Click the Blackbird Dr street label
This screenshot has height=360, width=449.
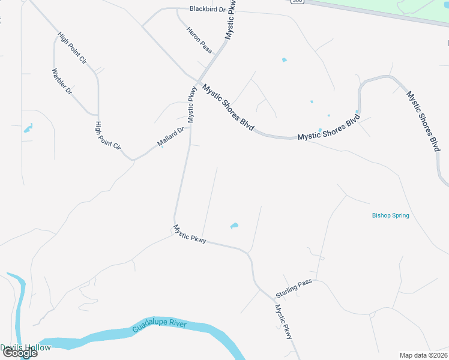(206, 9)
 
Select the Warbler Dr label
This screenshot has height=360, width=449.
(62, 83)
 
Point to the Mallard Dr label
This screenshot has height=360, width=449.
(170, 137)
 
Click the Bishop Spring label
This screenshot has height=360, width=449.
(390, 215)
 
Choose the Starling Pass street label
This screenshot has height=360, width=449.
(294, 289)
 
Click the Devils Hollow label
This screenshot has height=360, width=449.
(25, 347)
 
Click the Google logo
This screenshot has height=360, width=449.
(19, 353)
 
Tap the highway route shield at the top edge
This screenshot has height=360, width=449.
(297, 2)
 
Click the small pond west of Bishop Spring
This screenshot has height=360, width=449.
(234, 226)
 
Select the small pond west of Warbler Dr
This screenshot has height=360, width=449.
(28, 128)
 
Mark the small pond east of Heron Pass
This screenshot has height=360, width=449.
(284, 60)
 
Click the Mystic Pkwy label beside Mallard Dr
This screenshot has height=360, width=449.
(191, 105)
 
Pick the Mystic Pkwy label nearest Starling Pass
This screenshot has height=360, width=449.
(283, 322)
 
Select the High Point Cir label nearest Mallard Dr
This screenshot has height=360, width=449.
(108, 136)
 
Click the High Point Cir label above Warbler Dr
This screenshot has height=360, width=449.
(72, 48)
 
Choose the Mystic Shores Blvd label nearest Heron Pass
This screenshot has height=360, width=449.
(229, 108)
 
